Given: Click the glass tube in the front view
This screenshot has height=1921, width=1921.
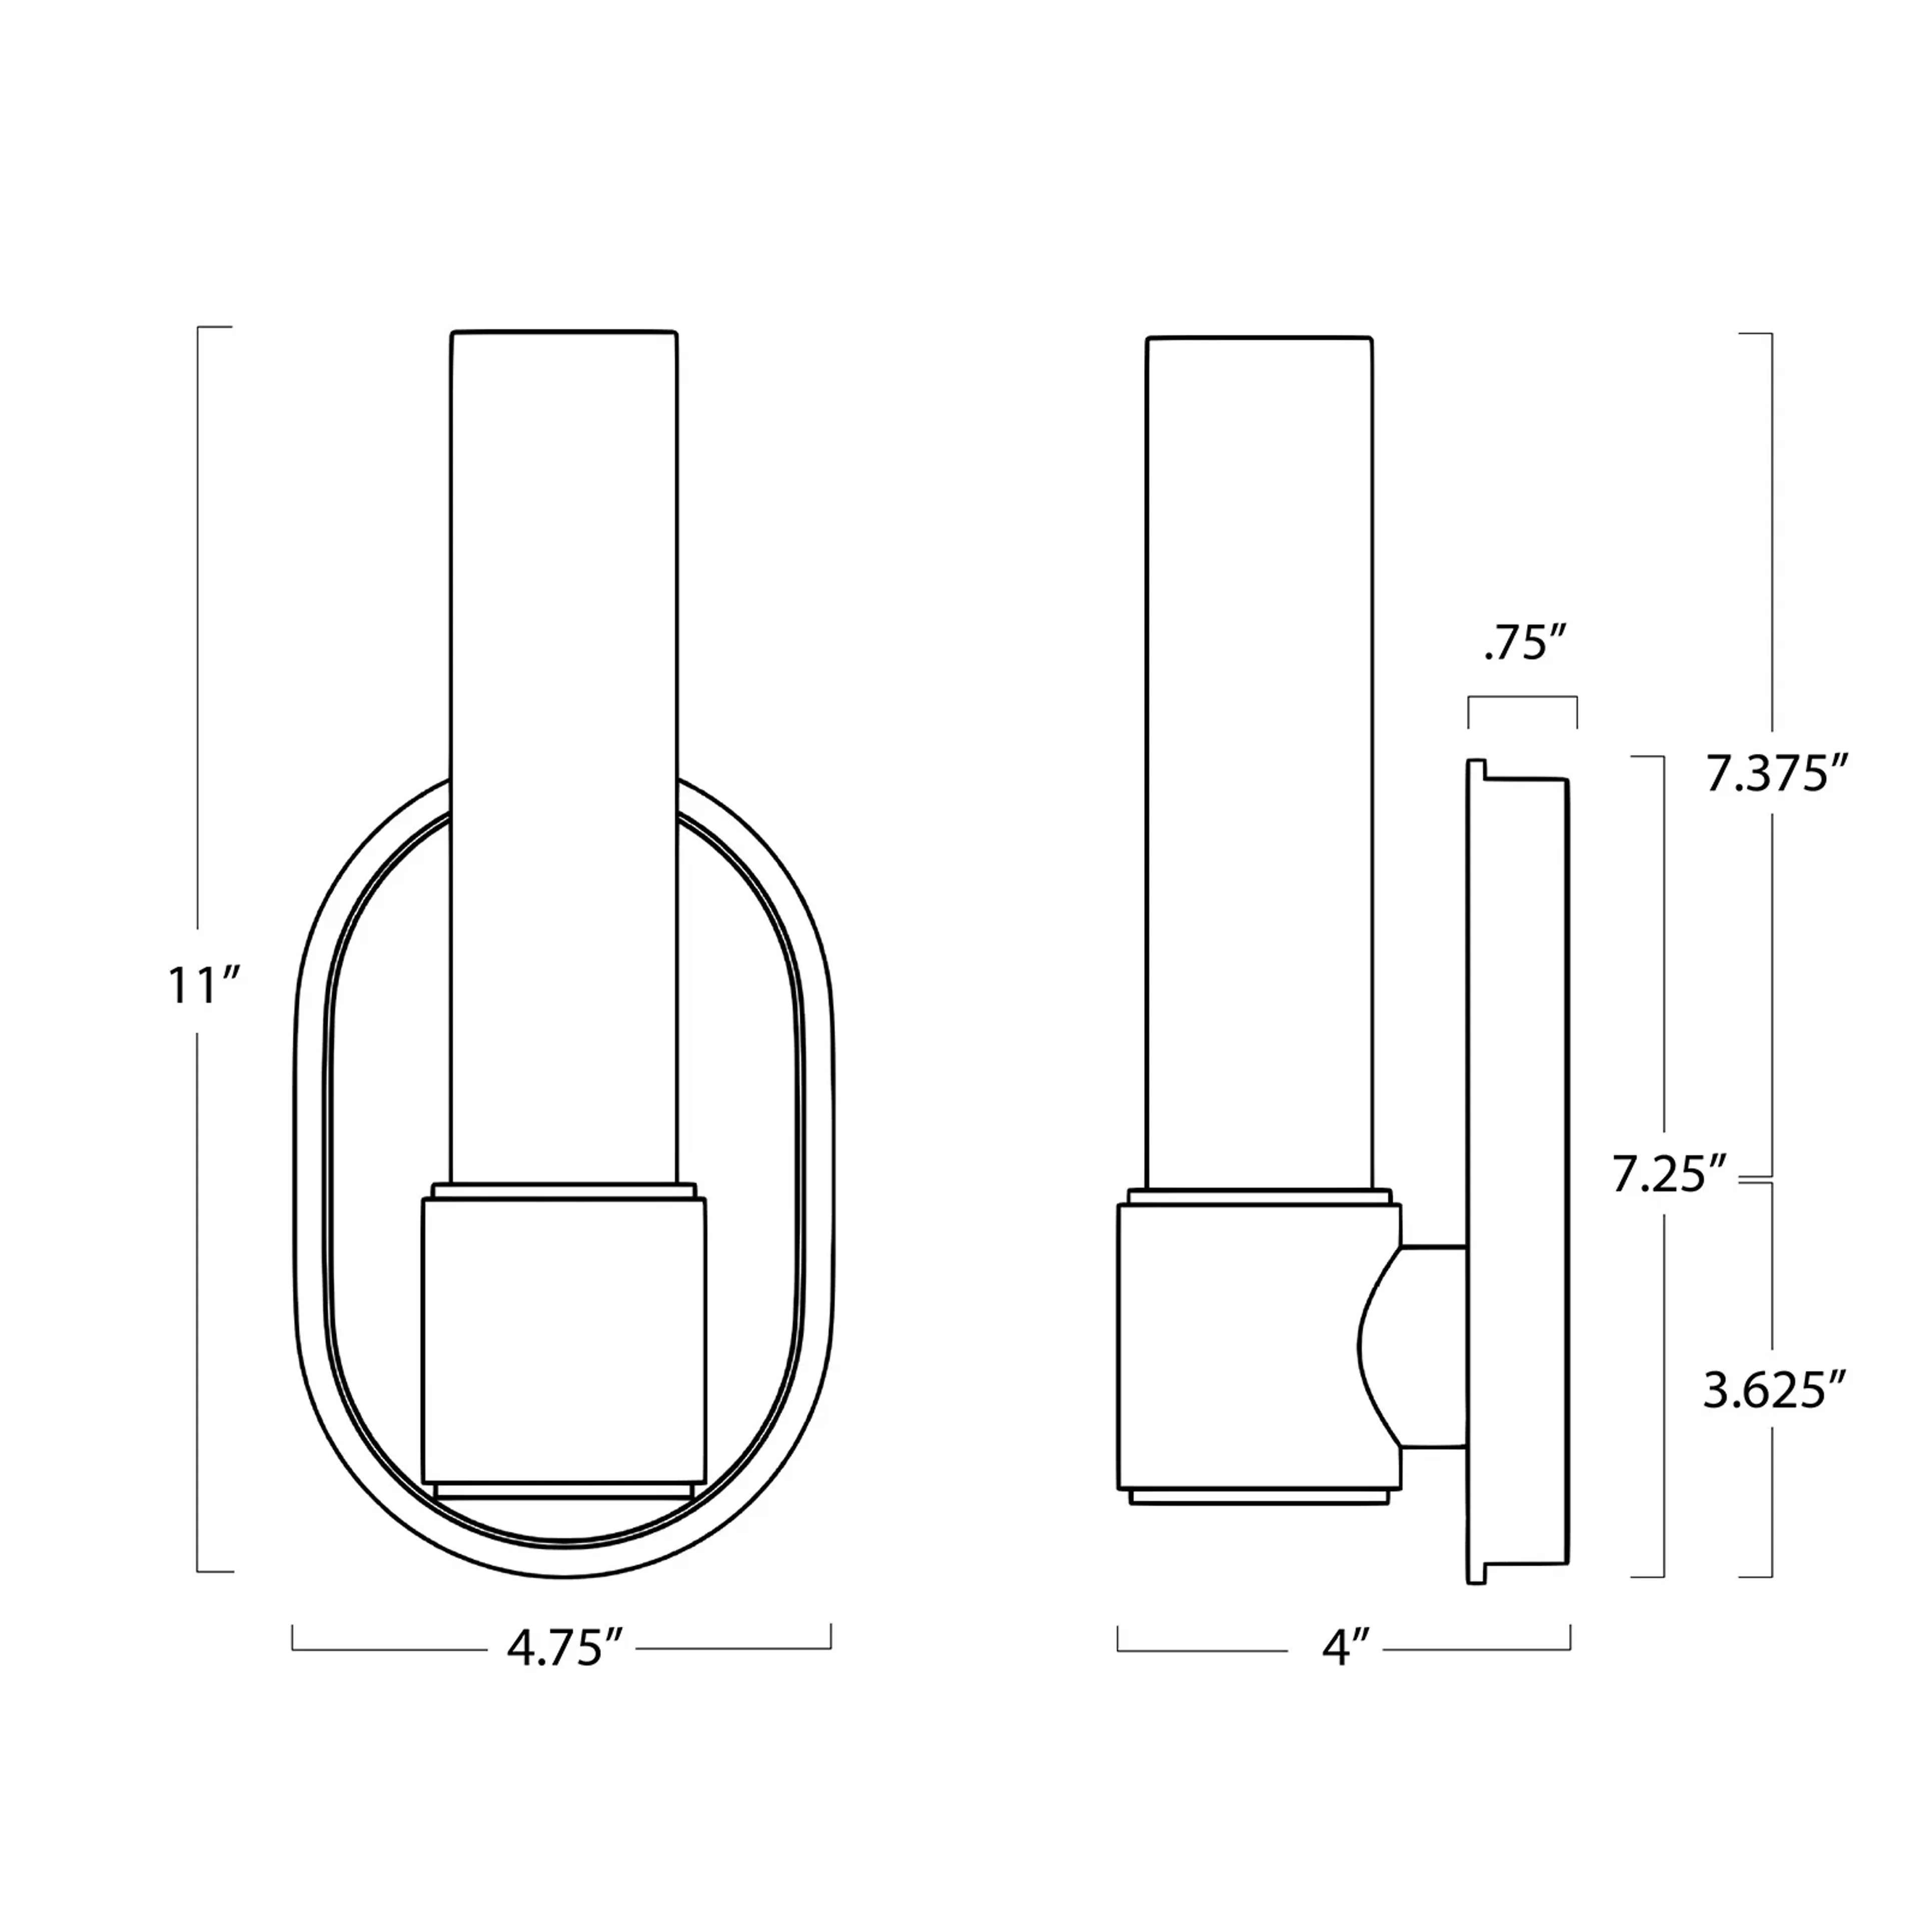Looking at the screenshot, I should (564, 696).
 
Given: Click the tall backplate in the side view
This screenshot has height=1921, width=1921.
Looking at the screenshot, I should (1518, 1173).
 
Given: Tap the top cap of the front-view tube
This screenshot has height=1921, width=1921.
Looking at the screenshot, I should (564, 334).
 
